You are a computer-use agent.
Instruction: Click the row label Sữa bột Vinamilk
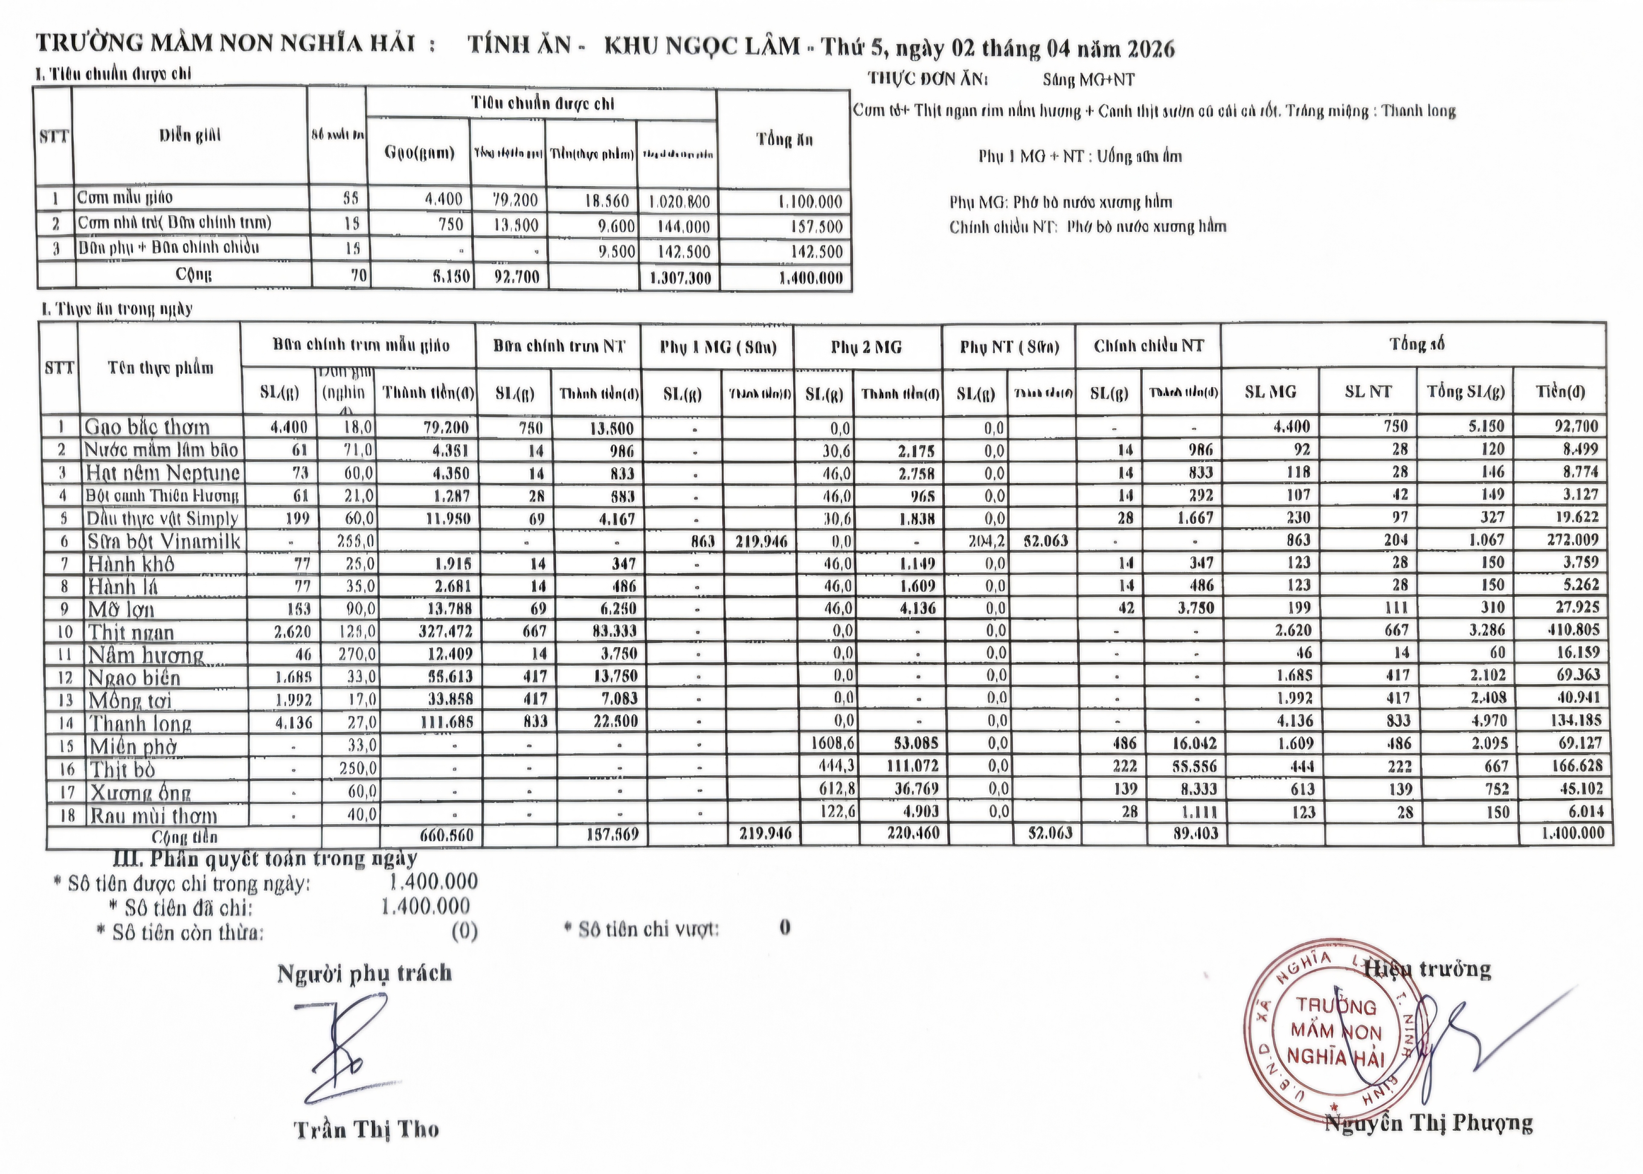click(163, 541)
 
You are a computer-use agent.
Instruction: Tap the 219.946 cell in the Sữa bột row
click(761, 541)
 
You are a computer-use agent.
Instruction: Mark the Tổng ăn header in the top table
click(784, 139)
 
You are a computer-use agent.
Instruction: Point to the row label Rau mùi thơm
click(153, 815)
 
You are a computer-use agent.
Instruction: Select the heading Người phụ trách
click(364, 973)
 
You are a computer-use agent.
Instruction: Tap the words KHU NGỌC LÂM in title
click(701, 46)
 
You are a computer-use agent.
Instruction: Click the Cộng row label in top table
click(194, 275)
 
